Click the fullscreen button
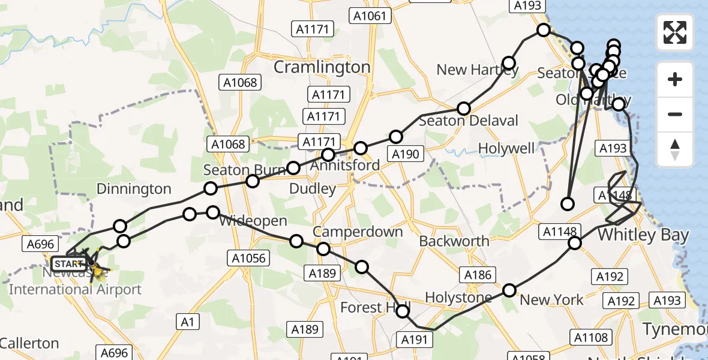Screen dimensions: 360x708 coord(675,32)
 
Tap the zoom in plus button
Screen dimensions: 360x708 coord(675,79)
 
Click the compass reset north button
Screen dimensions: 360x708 coord(675,149)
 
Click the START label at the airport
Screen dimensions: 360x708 coord(69,263)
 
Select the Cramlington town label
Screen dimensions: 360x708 coord(322,67)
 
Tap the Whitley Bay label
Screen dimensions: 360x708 coord(643,235)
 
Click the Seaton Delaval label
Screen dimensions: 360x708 coord(468,121)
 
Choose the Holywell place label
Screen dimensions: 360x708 coord(506,148)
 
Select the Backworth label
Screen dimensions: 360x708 coord(454,241)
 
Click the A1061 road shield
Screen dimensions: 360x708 coord(370,16)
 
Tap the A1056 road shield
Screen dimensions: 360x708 coord(249,258)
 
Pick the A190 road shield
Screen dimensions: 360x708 coord(405,154)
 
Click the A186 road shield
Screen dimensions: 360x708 coord(478,275)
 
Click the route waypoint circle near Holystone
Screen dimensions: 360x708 coord(509,290)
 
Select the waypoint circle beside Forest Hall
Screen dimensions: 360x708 coord(403,311)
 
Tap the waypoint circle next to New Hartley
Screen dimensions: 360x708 coord(509,63)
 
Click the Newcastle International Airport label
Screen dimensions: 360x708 coord(75,289)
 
